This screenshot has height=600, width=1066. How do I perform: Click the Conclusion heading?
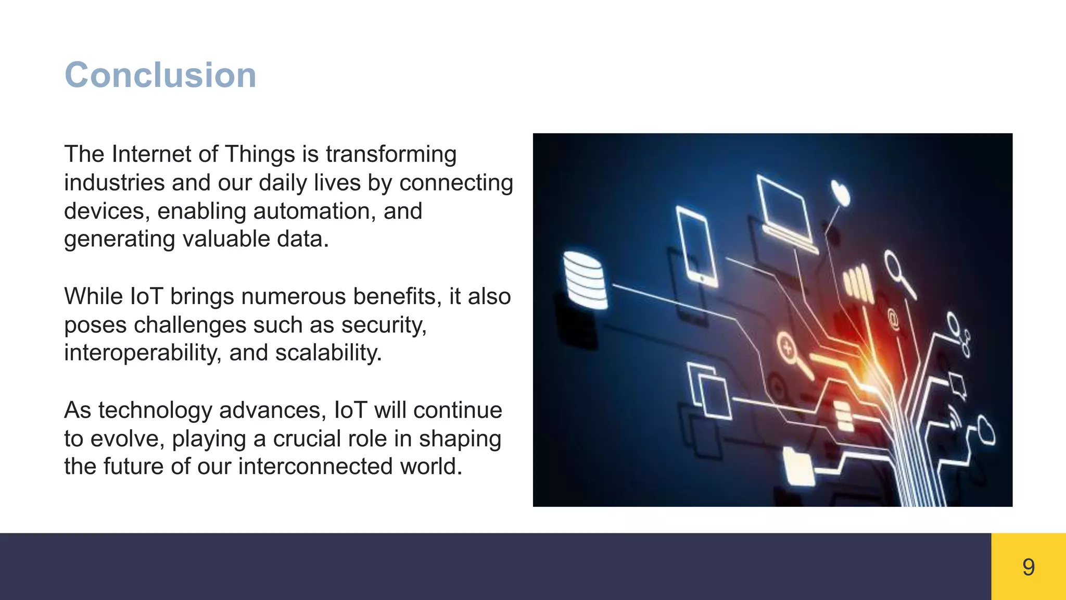coord(160,75)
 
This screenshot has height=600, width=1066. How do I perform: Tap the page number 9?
coord(1028,567)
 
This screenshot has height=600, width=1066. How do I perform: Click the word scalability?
coord(328,353)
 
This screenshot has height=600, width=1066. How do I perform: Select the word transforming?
coord(391,155)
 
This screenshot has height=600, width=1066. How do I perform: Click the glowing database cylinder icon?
coord(585,280)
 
